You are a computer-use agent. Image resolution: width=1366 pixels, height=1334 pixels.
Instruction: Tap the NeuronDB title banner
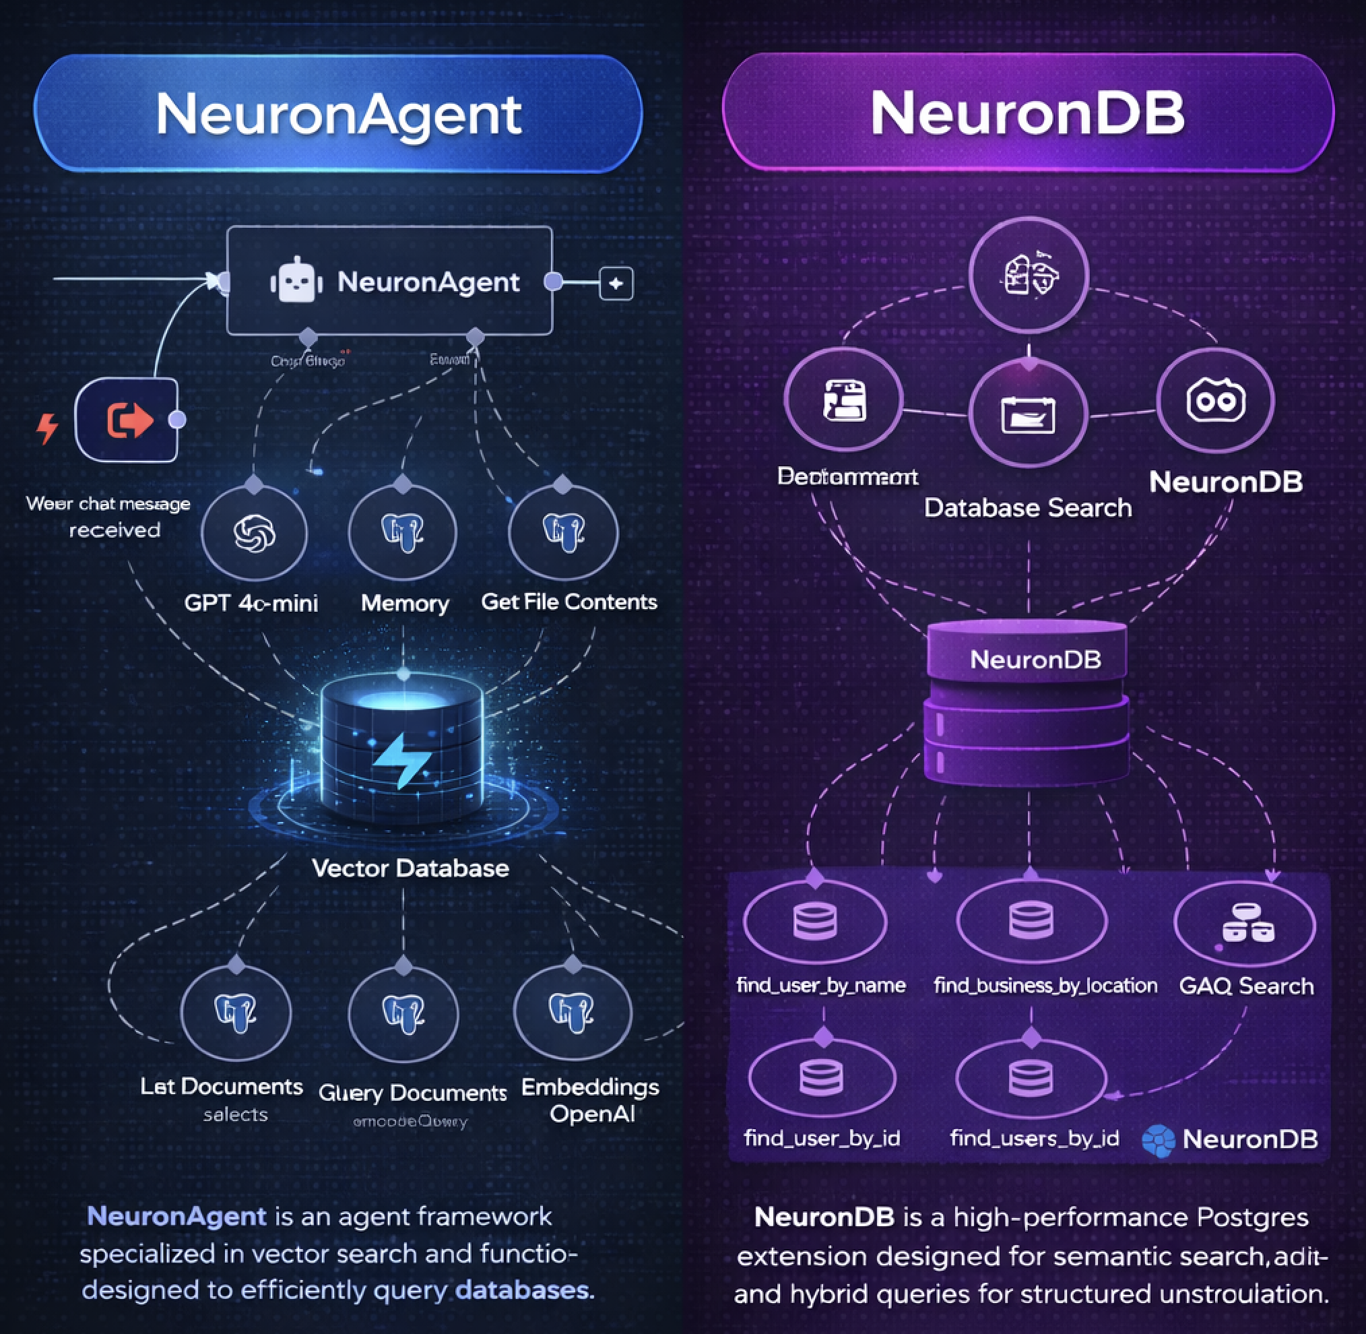(1028, 112)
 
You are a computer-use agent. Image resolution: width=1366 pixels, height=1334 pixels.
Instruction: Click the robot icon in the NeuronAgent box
(296, 281)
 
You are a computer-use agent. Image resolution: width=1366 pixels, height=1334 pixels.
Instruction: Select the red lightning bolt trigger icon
(47, 428)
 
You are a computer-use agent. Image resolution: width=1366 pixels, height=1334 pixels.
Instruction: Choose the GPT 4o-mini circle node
(255, 534)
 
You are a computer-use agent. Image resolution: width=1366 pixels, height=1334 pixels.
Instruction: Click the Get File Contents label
(568, 602)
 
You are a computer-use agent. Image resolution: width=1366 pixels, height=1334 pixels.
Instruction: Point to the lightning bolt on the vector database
(401, 760)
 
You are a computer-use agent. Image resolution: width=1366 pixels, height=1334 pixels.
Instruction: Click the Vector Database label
(410, 868)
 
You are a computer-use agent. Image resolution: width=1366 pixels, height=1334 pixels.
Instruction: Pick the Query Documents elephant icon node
(403, 1015)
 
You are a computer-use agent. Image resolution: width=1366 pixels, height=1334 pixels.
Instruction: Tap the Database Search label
(1028, 507)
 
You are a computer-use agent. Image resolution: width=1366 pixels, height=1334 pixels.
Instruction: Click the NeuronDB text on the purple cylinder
(1035, 660)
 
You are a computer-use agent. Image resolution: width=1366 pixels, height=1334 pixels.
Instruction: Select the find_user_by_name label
(821, 986)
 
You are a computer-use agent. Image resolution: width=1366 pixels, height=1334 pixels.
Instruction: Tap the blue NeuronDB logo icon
(1159, 1140)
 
